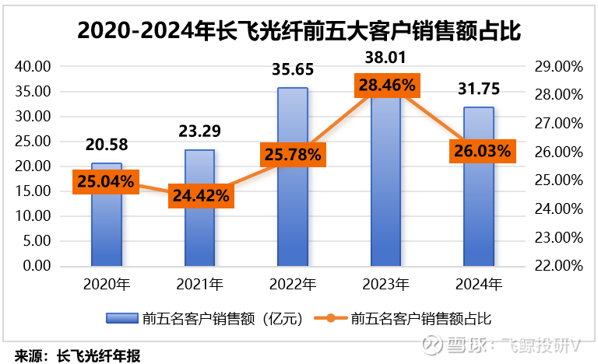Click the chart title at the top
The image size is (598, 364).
point(299,31)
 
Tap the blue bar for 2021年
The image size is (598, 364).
point(199,233)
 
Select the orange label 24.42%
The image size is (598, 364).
point(199,195)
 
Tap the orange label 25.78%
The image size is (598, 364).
point(293,154)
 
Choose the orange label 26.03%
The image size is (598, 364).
point(480,150)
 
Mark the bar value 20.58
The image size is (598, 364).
point(107,145)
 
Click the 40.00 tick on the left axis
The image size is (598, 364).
point(33,67)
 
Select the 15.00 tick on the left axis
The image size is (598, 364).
point(33,191)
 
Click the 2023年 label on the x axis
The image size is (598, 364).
point(386,285)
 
